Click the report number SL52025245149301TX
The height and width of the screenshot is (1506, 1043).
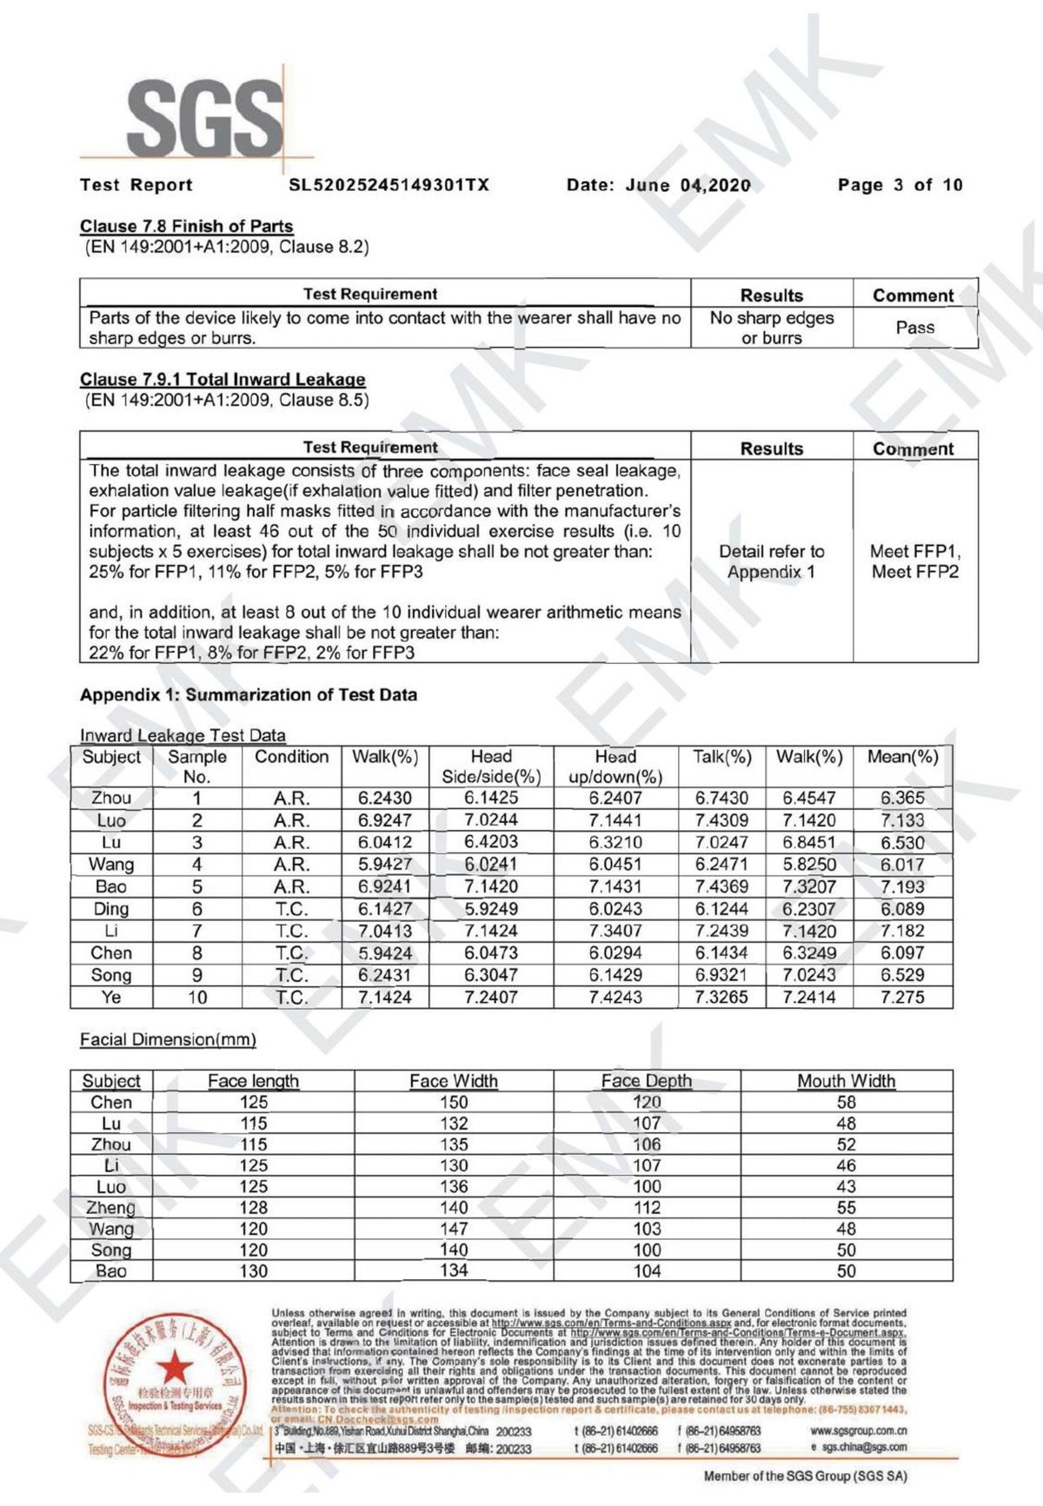(x=389, y=185)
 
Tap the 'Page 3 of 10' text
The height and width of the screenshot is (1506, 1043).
(x=900, y=185)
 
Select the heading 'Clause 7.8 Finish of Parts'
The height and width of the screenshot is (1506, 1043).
(x=186, y=226)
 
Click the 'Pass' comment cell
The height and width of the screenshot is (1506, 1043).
(x=914, y=328)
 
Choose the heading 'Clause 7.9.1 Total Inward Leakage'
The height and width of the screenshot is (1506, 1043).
(x=223, y=380)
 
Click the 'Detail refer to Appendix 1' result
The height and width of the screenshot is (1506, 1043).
(x=771, y=561)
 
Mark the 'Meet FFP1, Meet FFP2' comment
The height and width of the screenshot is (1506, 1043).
(x=914, y=561)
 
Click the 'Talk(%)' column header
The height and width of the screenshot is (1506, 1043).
(x=721, y=757)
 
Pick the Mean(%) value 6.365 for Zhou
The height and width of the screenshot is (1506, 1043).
(x=902, y=798)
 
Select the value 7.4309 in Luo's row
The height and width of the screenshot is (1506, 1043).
(x=721, y=820)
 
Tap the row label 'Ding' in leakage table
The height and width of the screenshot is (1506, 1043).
(x=111, y=909)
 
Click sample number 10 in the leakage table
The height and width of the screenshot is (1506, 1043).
(x=197, y=998)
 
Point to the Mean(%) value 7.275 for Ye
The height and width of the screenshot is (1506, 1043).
(x=902, y=998)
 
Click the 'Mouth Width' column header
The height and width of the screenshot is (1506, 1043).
(x=846, y=1081)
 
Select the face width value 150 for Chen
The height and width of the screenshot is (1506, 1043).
(x=454, y=1102)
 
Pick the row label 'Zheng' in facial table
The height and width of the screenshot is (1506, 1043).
(x=111, y=1208)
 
